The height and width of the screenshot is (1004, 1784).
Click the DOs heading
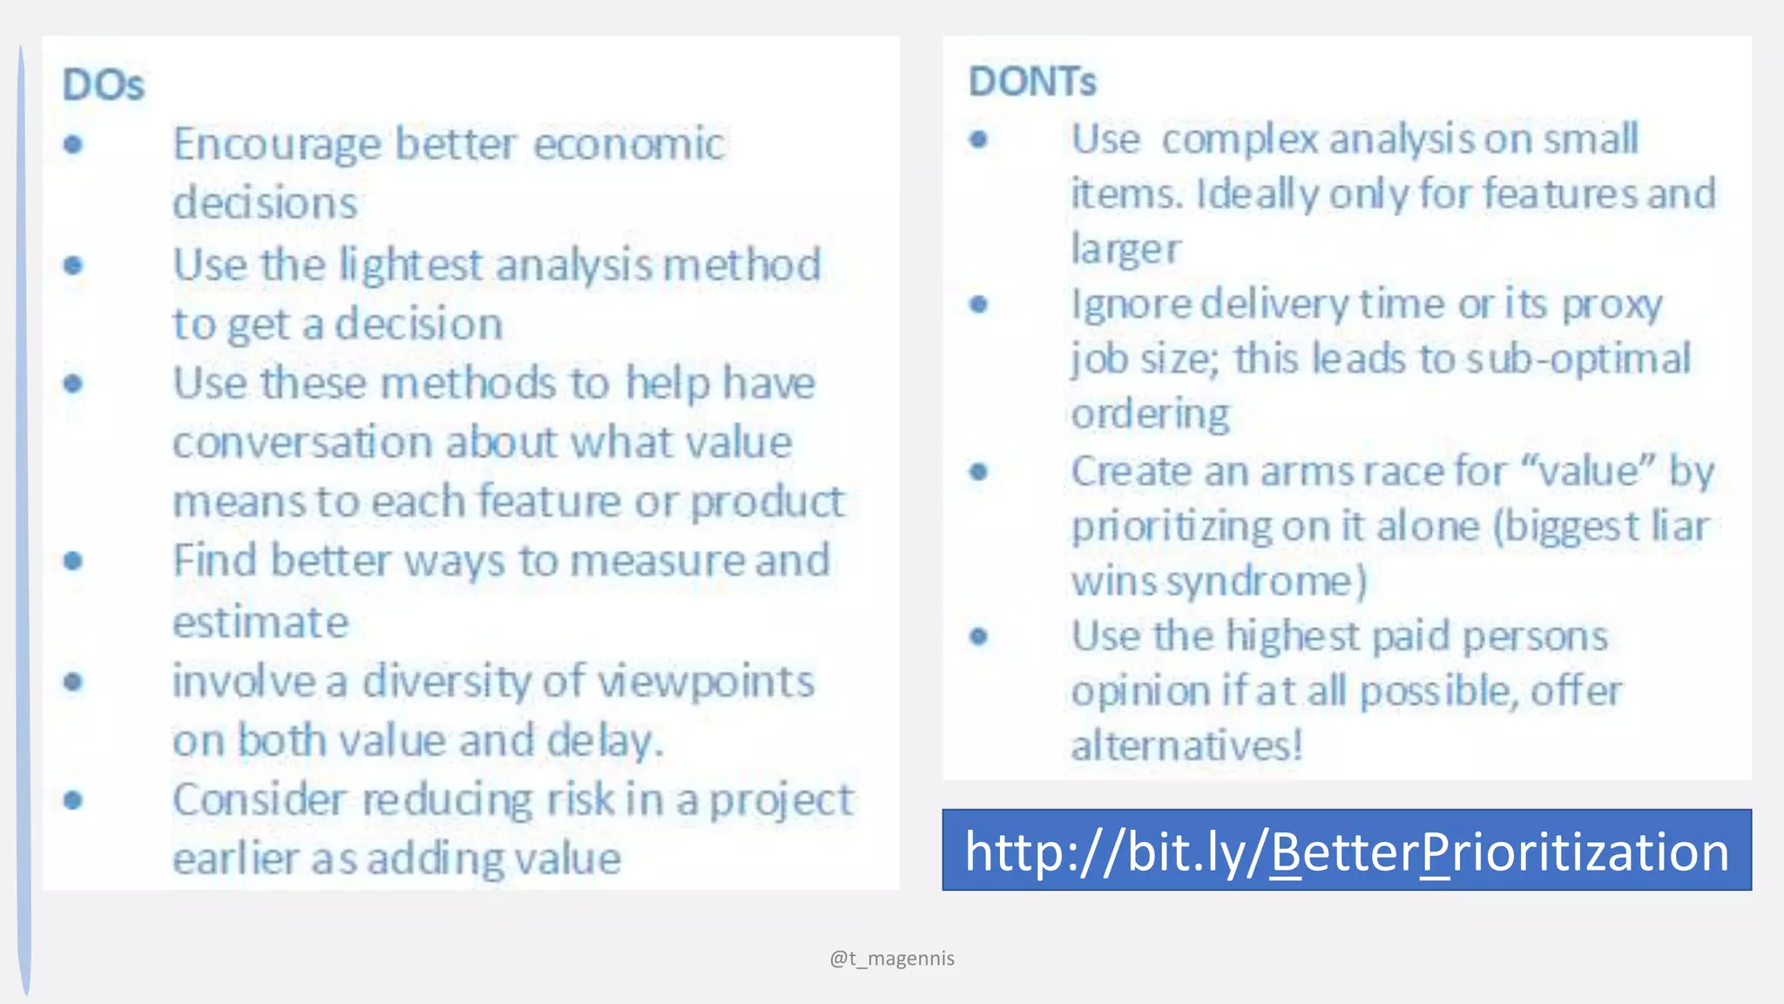point(103,85)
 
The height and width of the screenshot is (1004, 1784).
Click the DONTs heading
point(1032,82)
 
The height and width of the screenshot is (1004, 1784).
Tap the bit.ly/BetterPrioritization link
point(1346,851)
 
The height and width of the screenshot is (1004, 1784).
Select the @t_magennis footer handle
point(892,959)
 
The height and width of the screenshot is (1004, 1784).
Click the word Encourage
point(276,145)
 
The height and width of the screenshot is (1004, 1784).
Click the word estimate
point(260,622)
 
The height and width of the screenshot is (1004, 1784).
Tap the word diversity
point(446,681)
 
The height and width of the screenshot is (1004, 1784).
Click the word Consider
point(259,800)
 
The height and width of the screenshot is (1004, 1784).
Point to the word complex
point(1240,139)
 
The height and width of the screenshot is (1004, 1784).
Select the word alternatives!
point(1187,746)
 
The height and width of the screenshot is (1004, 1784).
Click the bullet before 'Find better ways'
point(73,560)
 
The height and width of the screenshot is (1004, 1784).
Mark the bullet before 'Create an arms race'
point(978,471)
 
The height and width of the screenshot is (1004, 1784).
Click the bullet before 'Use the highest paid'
point(978,636)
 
